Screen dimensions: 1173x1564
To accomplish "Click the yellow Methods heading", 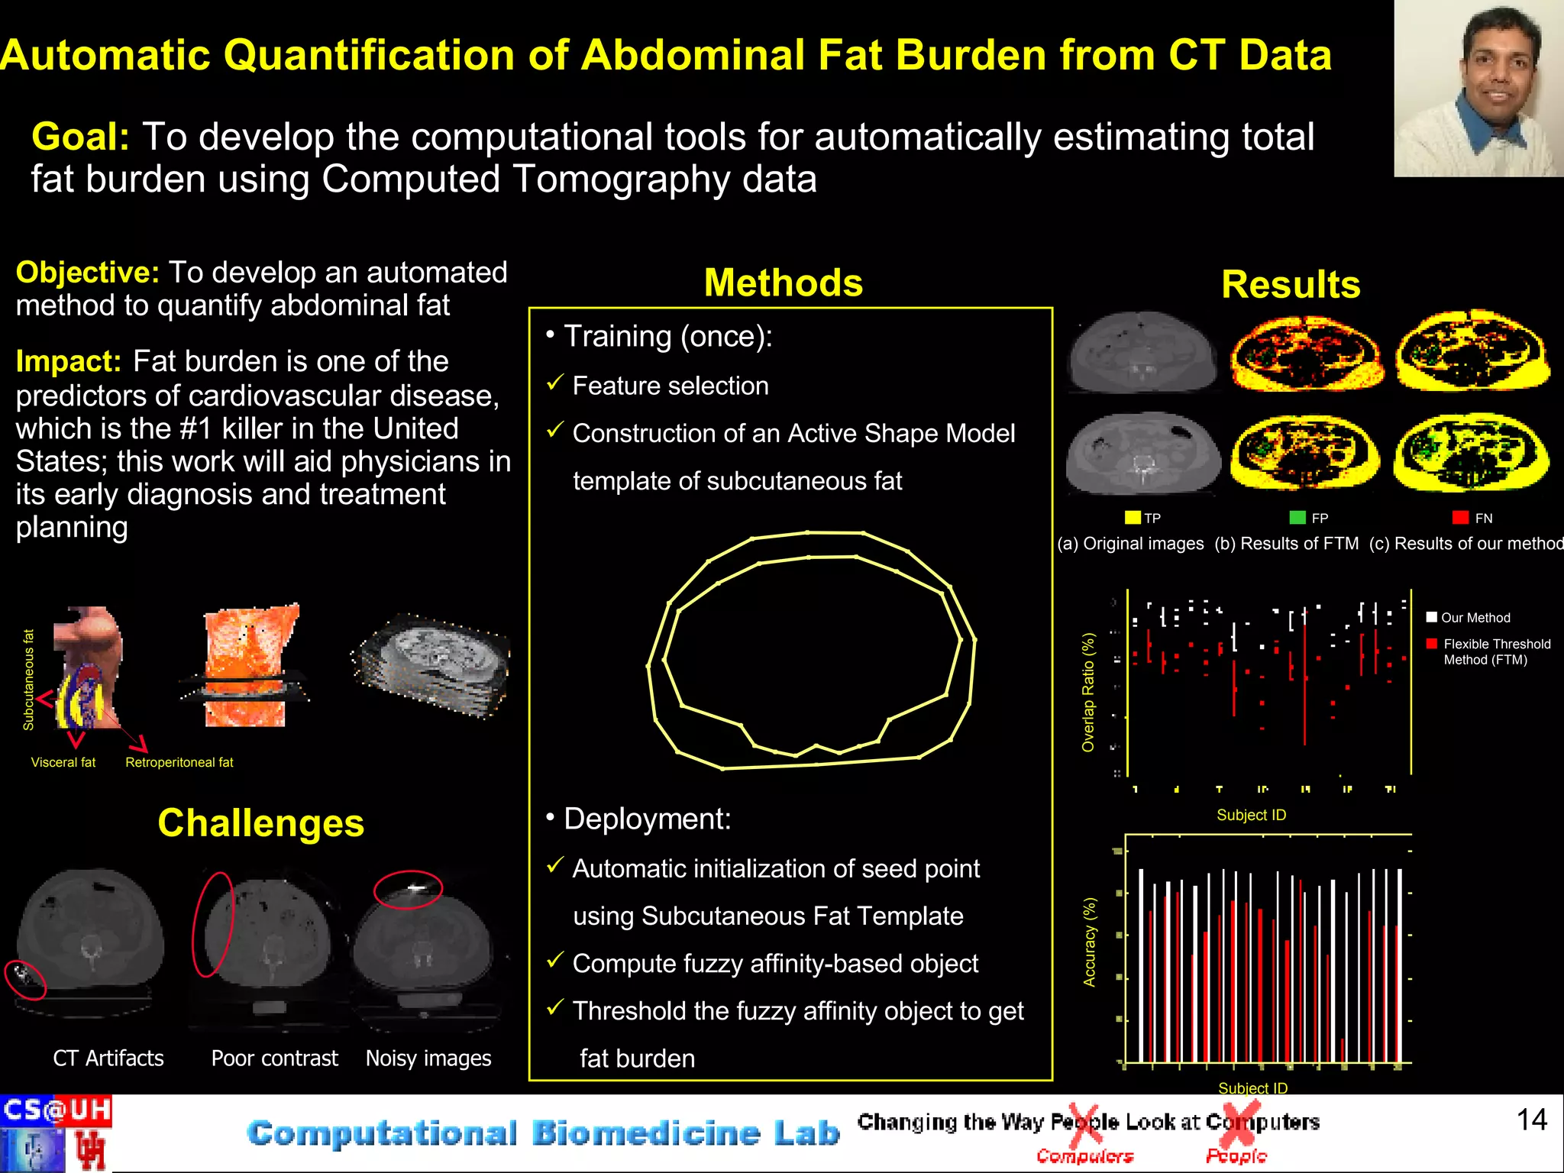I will tap(783, 283).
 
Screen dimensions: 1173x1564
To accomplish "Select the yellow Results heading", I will tap(1291, 284).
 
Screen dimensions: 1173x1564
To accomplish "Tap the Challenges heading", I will tap(260, 823).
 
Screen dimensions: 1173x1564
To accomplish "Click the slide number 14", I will tap(1531, 1120).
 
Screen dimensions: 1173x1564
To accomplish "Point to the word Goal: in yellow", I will tap(80, 137).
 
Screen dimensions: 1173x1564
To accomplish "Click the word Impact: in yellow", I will tap(68, 361).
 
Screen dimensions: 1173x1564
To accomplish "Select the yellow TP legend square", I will tap(1132, 518).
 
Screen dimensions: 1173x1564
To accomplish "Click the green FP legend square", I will tap(1297, 518).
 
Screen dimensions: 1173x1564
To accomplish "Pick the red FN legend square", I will tap(1460, 518).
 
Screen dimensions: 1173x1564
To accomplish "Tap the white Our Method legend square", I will tap(1432, 617).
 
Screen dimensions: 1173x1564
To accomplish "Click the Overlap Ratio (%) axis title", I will tap(1088, 692).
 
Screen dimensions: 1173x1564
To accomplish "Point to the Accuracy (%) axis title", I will tap(1090, 942).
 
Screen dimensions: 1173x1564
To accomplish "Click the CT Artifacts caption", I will tap(108, 1058).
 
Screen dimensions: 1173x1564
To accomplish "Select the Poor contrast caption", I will tap(274, 1058).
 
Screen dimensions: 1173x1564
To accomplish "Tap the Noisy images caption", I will tap(428, 1058).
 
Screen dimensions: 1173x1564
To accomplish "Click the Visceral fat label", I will tap(63, 762).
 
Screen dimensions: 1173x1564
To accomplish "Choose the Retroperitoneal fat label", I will tap(179, 762).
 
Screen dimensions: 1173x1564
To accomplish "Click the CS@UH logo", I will tap(57, 1110).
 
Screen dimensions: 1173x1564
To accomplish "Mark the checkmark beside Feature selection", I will tap(555, 383).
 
